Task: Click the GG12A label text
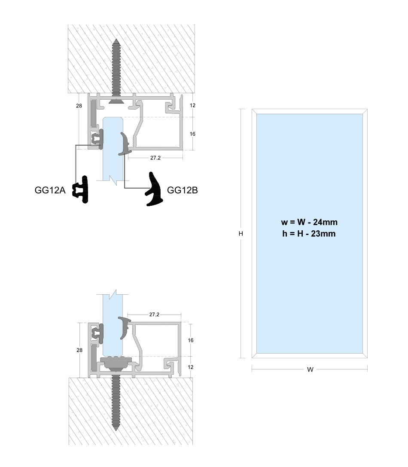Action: tap(50, 190)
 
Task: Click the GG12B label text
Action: tap(182, 190)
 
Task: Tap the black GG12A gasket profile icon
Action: tap(81, 189)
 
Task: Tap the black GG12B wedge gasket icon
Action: tap(154, 189)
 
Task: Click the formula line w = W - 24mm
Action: tap(309, 222)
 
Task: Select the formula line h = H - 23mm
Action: tap(309, 234)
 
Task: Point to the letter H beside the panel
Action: tap(241, 234)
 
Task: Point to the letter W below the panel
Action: tap(310, 369)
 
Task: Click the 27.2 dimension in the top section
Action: tap(155, 158)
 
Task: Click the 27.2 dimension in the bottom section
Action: tap(154, 314)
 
